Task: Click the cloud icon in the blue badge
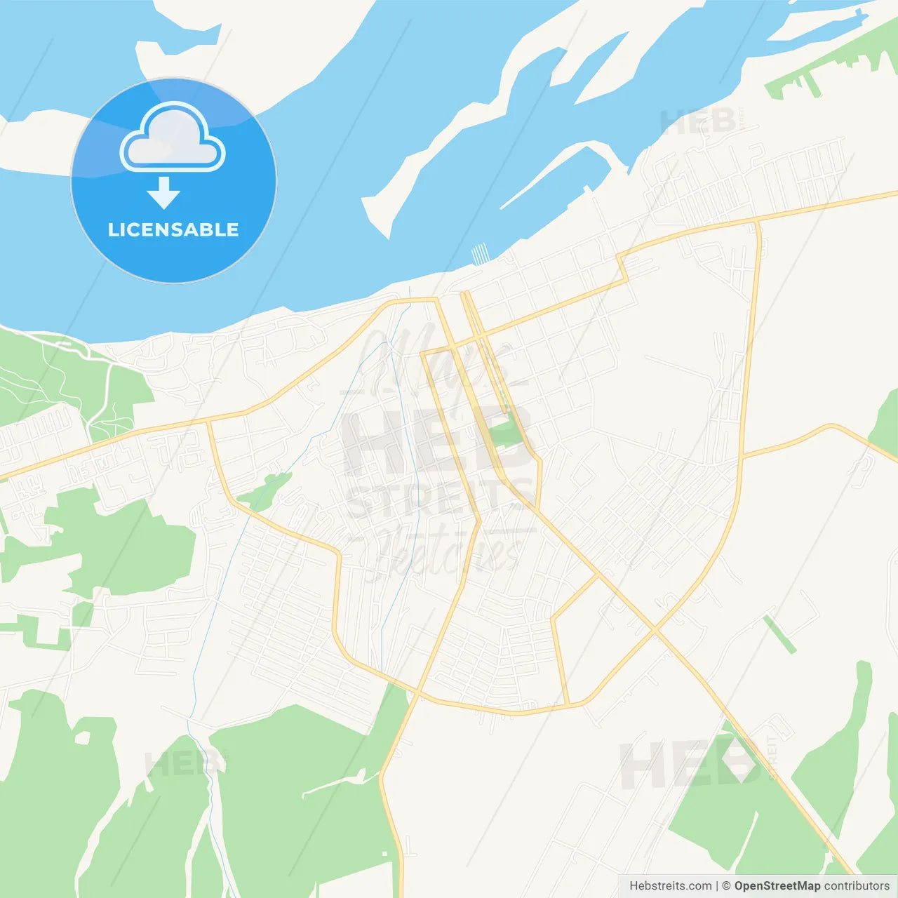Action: click(173, 138)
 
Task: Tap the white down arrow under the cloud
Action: click(163, 192)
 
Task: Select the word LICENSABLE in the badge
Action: click(173, 229)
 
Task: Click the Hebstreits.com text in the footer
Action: click(670, 885)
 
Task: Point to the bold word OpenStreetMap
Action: click(777, 885)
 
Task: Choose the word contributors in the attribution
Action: click(857, 885)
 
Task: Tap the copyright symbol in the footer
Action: click(726, 885)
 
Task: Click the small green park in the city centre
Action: click(506, 431)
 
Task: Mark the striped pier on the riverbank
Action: click(479, 253)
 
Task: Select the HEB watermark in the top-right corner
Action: click(698, 122)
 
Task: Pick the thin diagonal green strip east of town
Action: click(779, 634)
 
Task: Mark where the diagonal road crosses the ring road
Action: click(655, 629)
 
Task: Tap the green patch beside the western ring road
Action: click(265, 490)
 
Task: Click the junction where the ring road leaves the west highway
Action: click(209, 421)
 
